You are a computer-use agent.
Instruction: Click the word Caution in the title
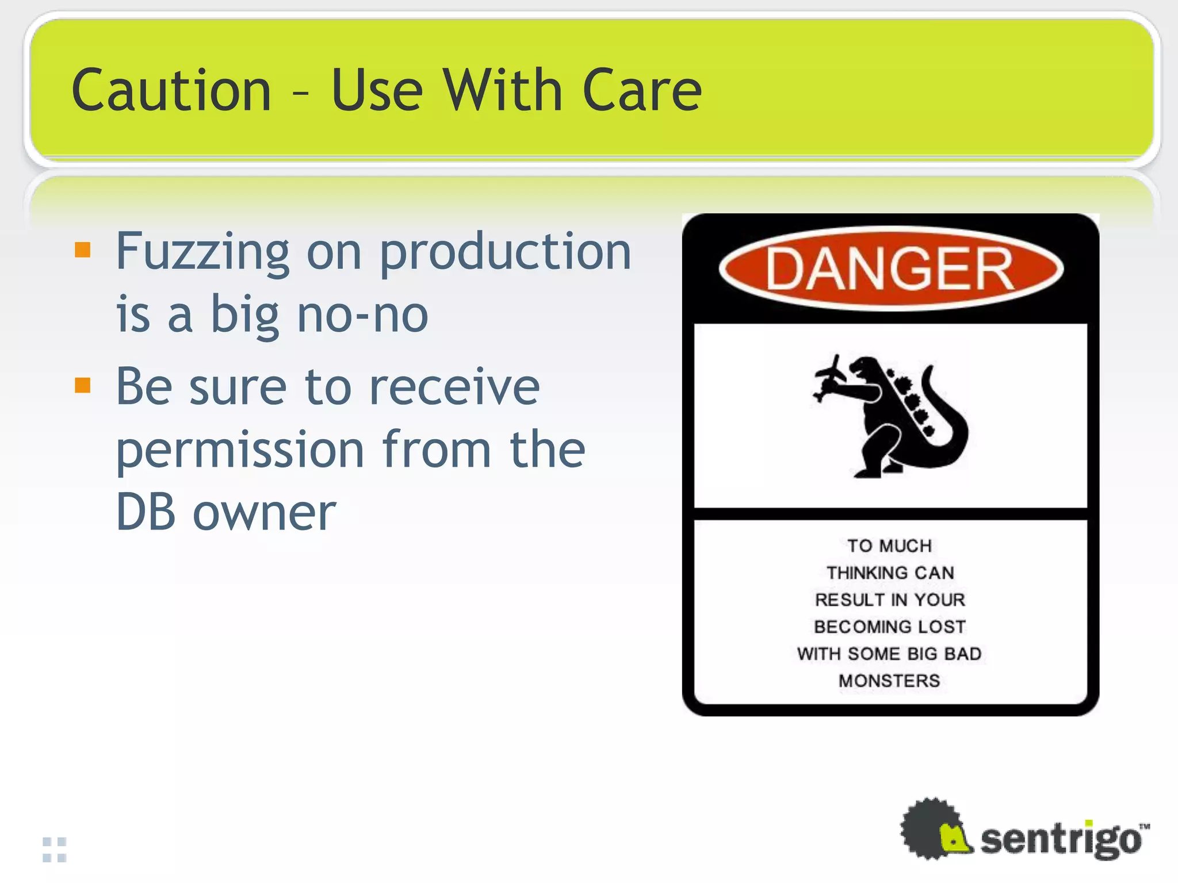pos(171,90)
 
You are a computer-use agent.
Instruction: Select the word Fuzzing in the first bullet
pos(202,253)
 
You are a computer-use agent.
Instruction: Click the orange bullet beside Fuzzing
pos(83,250)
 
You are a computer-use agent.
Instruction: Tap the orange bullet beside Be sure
pos(83,385)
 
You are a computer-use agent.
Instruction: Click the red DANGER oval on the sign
pos(890,269)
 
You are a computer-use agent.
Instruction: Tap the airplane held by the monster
pos(828,379)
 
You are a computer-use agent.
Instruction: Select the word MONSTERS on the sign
pos(889,681)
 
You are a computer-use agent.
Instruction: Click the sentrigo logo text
pos(1061,840)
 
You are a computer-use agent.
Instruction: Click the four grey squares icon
pos(55,850)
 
